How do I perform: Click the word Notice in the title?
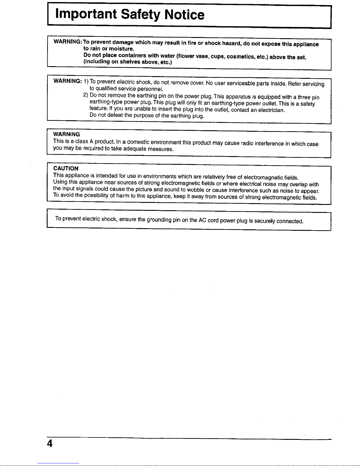tap(184, 14)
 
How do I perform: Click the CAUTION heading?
tap(66, 168)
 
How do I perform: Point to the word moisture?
tap(121, 49)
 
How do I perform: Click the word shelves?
tap(130, 62)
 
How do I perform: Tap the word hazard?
tap(231, 43)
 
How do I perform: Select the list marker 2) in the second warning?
tap(86, 95)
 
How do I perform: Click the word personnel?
tap(150, 89)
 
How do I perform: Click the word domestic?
tap(138, 143)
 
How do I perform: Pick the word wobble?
tap(195, 190)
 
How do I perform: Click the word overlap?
tap(299, 185)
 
